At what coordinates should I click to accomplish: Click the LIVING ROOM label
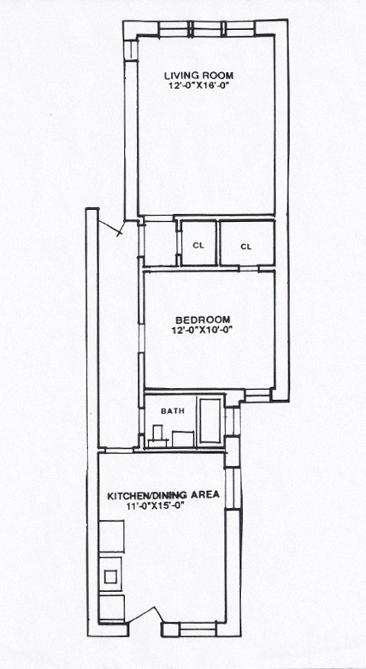click(x=199, y=76)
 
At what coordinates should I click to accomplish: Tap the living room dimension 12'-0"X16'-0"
click(x=199, y=86)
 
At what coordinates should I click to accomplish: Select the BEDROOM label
click(x=203, y=320)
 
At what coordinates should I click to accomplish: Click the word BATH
click(x=173, y=411)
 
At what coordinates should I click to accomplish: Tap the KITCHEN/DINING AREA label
click(x=163, y=495)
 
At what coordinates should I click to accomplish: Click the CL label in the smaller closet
click(x=198, y=246)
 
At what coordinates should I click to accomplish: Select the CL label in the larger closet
click(x=246, y=247)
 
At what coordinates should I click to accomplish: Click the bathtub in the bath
click(x=210, y=421)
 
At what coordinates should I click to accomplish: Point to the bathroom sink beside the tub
click(x=183, y=439)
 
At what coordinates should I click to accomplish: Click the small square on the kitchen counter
click(x=111, y=576)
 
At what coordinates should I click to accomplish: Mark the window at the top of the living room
click(x=207, y=28)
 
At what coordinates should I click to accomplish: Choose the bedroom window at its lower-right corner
click(x=258, y=397)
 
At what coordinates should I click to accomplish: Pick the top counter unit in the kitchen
click(x=111, y=536)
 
